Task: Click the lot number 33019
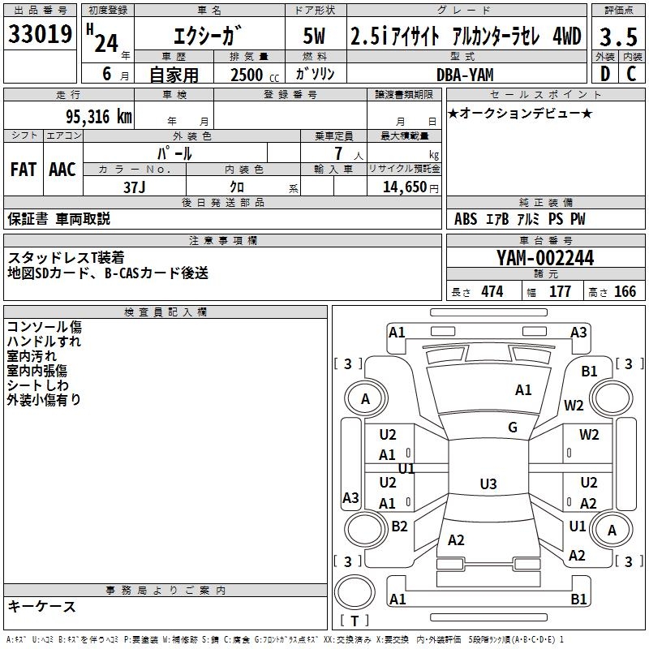40,35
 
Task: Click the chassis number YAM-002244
545,258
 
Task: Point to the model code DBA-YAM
465,74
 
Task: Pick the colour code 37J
135,186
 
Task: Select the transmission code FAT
24,170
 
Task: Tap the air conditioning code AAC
62,170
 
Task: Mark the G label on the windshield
512,428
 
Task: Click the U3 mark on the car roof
488,484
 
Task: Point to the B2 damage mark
399,527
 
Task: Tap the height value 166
625,292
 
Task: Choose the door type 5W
316,37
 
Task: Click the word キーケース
42,606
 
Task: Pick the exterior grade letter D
604,74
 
